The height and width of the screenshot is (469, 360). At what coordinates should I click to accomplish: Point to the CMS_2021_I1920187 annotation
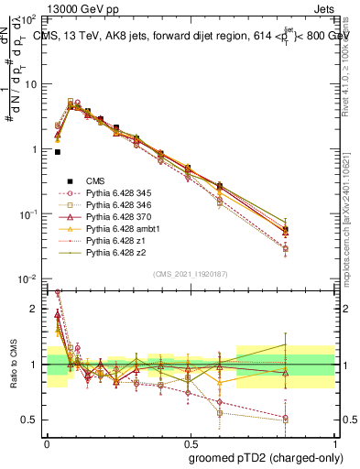tap(191, 273)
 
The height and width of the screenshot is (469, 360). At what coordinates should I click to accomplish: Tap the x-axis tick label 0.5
tap(191, 442)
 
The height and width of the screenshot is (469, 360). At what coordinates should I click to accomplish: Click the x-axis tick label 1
tap(335, 442)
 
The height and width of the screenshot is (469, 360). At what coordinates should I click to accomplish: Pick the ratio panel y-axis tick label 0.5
tap(31, 420)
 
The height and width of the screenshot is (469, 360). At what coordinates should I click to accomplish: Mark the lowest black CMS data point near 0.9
tap(58, 152)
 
